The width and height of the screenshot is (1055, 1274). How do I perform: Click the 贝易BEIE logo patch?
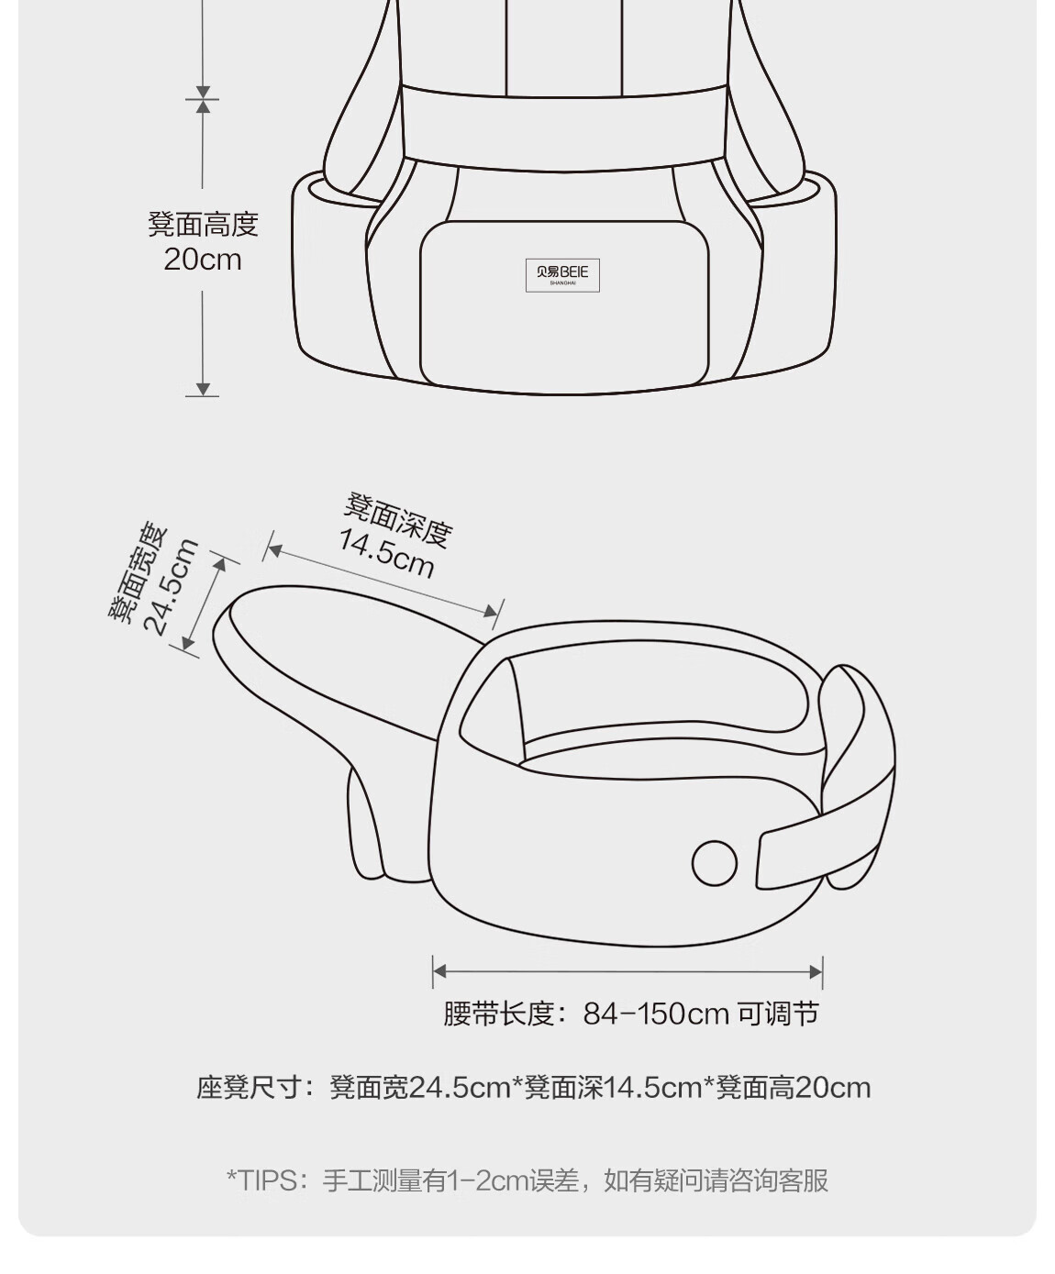click(x=562, y=275)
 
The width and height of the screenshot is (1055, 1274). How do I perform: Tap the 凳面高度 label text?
click(x=203, y=224)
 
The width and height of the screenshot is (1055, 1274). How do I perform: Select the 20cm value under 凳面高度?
click(x=203, y=260)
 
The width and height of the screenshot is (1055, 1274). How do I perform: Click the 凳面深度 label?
click(x=398, y=519)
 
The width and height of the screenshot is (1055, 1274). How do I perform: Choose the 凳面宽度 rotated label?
click(x=138, y=571)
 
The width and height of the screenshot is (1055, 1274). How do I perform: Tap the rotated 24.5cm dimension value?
click(x=171, y=587)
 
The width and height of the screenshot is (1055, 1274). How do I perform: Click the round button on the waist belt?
click(x=715, y=863)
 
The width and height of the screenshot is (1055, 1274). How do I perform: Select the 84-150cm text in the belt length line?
click(x=656, y=1014)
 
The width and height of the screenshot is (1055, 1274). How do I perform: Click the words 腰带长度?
click(x=498, y=1014)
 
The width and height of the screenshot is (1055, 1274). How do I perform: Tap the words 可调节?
click(x=778, y=1014)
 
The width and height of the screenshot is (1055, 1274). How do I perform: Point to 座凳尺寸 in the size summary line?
click(x=249, y=1087)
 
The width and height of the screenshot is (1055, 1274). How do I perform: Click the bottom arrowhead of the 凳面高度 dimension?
click(x=203, y=389)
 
